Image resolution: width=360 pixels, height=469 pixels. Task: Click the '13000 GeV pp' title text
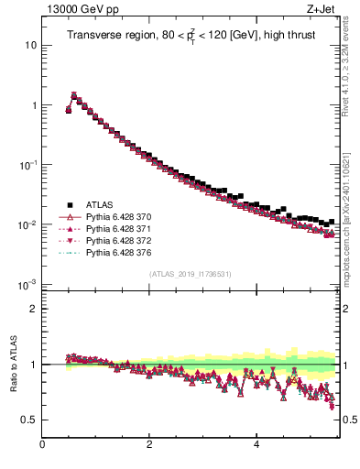[48, 10]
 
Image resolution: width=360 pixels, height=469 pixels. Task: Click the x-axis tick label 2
[148, 445]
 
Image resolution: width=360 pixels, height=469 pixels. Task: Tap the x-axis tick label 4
[256, 445]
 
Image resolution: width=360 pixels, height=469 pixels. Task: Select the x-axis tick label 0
[42, 445]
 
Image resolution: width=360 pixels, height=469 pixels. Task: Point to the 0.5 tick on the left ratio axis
[29, 420]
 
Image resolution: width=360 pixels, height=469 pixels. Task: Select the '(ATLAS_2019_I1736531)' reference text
[190, 274]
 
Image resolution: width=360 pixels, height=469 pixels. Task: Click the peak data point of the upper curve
[74, 94]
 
